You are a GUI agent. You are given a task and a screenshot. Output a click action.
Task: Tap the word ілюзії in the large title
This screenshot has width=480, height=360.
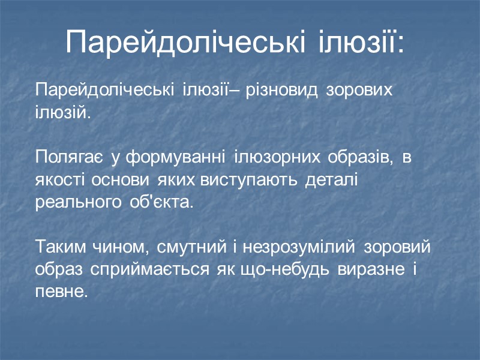[x=362, y=41]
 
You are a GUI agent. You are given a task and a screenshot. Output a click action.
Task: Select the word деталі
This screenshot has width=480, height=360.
[x=332, y=180]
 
